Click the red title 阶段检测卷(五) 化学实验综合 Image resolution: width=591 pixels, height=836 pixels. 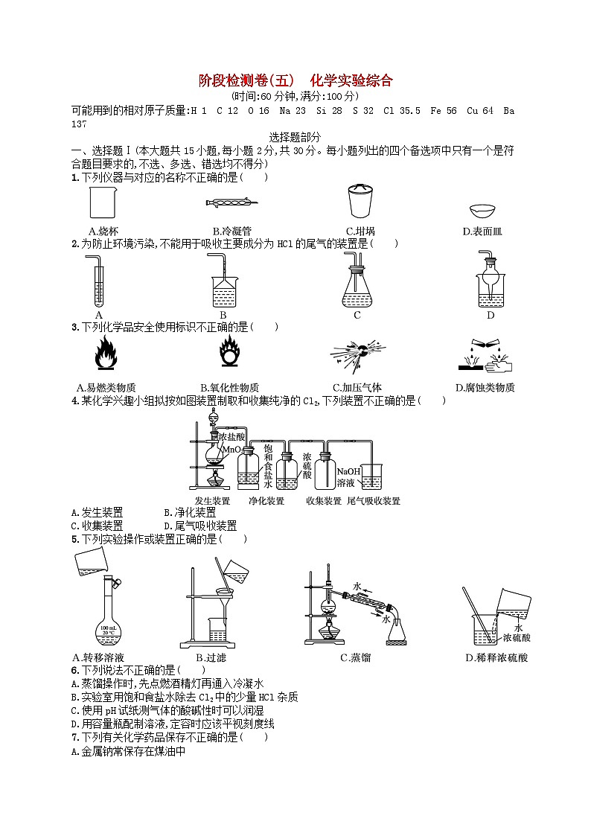[x=295, y=80]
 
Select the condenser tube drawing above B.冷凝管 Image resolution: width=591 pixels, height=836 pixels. [x=231, y=202]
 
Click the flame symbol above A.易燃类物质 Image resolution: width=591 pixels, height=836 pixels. [x=106, y=354]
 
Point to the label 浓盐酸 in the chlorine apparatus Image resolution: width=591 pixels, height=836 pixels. [x=231, y=438]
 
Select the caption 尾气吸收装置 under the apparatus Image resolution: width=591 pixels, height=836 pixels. [x=374, y=501]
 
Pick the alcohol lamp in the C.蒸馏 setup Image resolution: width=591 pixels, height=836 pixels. [x=328, y=635]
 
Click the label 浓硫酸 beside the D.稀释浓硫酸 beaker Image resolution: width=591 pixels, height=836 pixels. [x=517, y=638]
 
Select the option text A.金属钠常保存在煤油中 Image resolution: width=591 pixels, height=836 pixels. [x=127, y=751]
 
